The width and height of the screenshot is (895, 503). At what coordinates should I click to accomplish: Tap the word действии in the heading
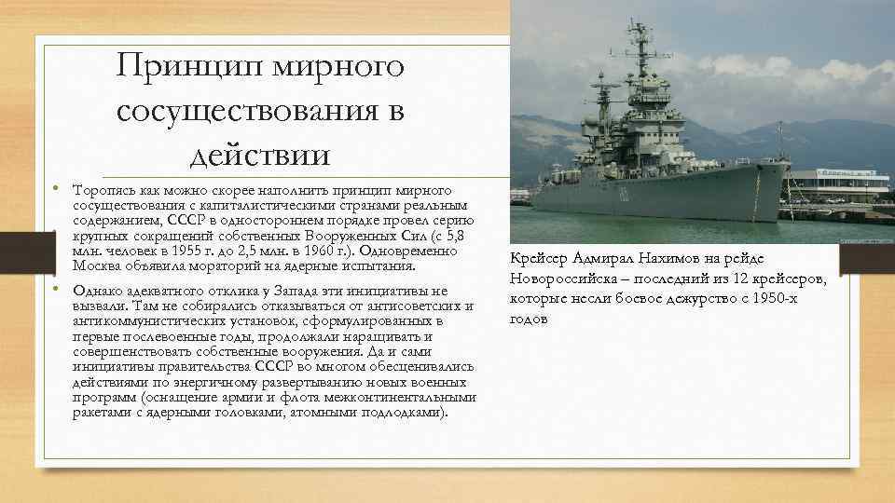tap(262, 150)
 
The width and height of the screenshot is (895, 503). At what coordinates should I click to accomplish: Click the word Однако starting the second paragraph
tap(97, 290)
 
